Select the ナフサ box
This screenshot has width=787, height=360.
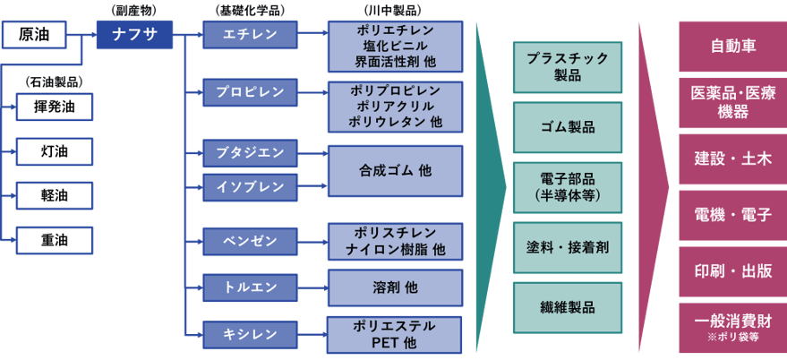click(134, 36)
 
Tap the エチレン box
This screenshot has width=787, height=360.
click(251, 36)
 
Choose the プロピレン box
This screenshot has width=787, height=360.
click(251, 92)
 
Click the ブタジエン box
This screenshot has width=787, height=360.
click(251, 151)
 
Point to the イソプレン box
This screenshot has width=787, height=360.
click(251, 186)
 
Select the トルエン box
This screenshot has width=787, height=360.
click(251, 287)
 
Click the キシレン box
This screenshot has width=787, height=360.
click(251, 334)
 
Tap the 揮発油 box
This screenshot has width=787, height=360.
click(56, 107)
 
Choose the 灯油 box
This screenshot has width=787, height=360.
click(56, 150)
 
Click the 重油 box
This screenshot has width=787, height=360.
click(56, 239)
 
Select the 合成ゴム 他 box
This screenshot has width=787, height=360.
click(395, 169)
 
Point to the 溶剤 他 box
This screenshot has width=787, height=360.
click(395, 287)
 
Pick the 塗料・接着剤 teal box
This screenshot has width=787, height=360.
click(568, 245)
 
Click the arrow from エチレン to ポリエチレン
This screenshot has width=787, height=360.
click(312, 36)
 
